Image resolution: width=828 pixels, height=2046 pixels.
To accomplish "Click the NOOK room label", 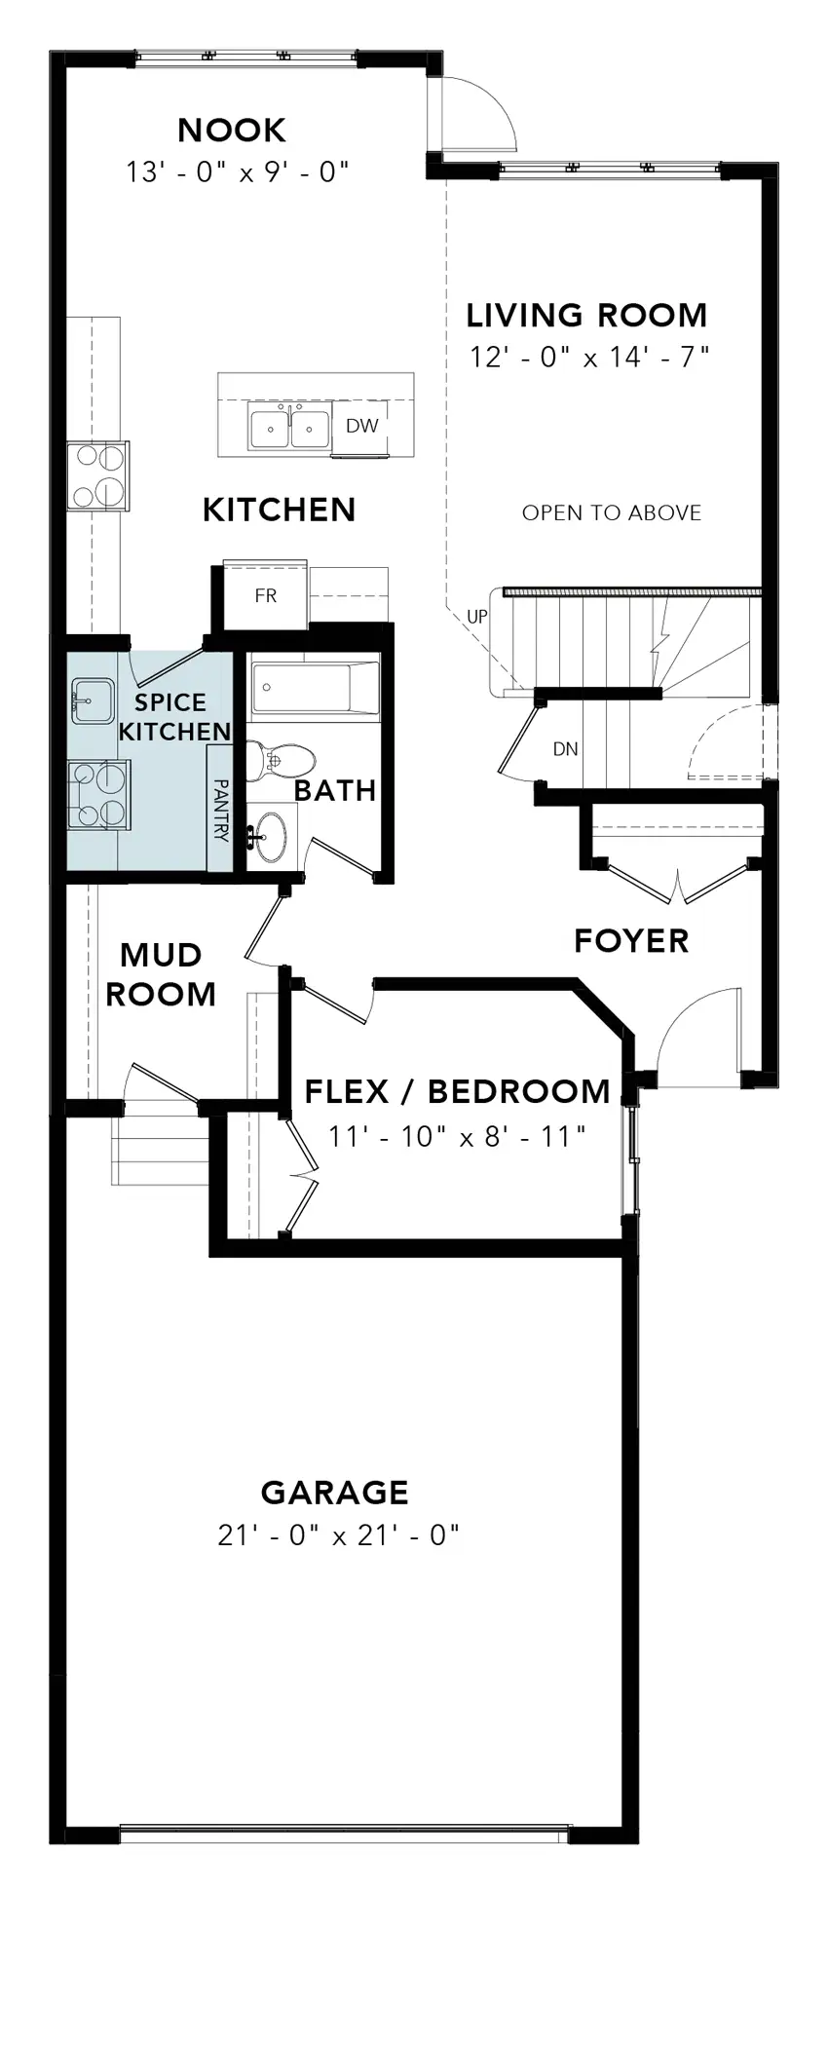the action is tap(232, 130).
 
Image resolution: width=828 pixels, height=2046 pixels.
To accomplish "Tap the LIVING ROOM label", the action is tap(586, 315).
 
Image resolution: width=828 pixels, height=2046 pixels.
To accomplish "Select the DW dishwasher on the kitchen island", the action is tap(361, 426).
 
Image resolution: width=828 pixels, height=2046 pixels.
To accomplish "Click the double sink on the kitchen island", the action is tap(289, 428).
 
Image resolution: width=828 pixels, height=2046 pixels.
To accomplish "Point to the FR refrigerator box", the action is tap(266, 595).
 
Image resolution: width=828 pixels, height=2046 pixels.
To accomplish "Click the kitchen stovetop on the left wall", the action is tap(97, 475).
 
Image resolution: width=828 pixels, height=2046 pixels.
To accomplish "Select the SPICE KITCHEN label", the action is tap(174, 717).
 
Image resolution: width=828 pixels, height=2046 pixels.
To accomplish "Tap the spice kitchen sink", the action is tap(93, 701).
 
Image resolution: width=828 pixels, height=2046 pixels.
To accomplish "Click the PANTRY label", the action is tap(220, 810).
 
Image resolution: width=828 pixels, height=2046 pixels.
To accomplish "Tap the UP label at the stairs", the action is tap(477, 617).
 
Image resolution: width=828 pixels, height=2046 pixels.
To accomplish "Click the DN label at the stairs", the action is tap(566, 749).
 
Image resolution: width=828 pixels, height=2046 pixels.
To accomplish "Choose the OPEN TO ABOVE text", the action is tap(612, 512).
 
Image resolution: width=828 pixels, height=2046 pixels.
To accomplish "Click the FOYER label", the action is tap(631, 941).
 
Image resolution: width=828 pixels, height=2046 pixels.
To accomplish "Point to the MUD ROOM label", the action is tap(161, 974).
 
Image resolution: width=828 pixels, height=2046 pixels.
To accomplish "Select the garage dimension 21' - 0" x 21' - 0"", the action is tap(338, 1535).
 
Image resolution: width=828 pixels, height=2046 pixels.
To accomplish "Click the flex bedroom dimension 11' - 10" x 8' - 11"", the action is tap(457, 1136).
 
